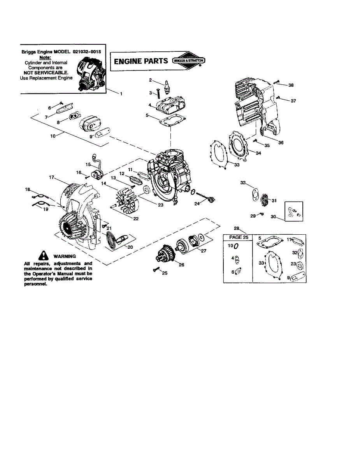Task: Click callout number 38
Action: pos(291,85)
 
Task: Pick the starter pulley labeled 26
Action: pos(165,254)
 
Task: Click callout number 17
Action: pos(51,177)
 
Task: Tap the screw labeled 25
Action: pos(156,270)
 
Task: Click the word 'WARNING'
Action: pos(65,256)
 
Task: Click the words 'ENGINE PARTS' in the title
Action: pos(141,61)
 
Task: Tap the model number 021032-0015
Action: pos(89,52)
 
